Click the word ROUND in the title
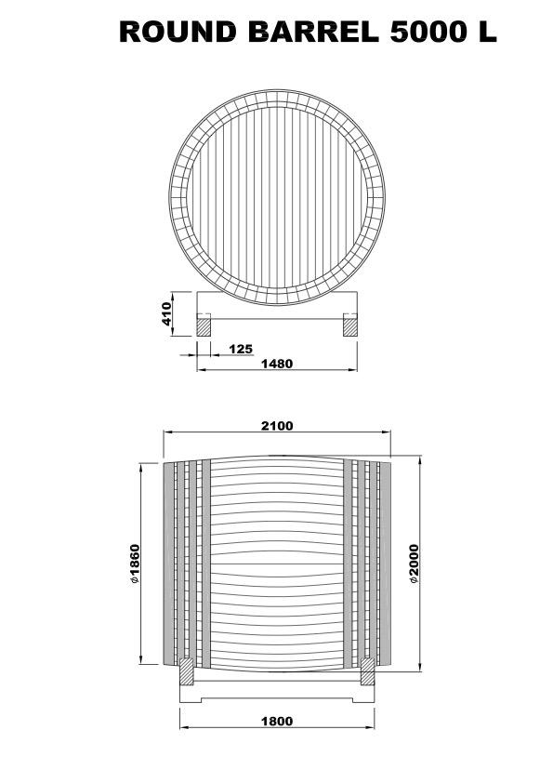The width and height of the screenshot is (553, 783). [x=178, y=32]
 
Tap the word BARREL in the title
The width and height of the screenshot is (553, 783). [x=313, y=32]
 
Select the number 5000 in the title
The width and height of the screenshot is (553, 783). [x=427, y=32]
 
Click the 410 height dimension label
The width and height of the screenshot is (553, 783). [x=166, y=313]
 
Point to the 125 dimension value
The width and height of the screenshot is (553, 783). [x=241, y=349]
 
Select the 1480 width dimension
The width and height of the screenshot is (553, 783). [x=277, y=364]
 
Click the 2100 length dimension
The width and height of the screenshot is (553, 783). [x=277, y=426]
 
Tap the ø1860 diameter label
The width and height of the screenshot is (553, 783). [x=134, y=564]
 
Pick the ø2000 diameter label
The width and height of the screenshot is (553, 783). [x=414, y=564]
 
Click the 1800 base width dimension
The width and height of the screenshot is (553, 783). [x=277, y=721]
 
